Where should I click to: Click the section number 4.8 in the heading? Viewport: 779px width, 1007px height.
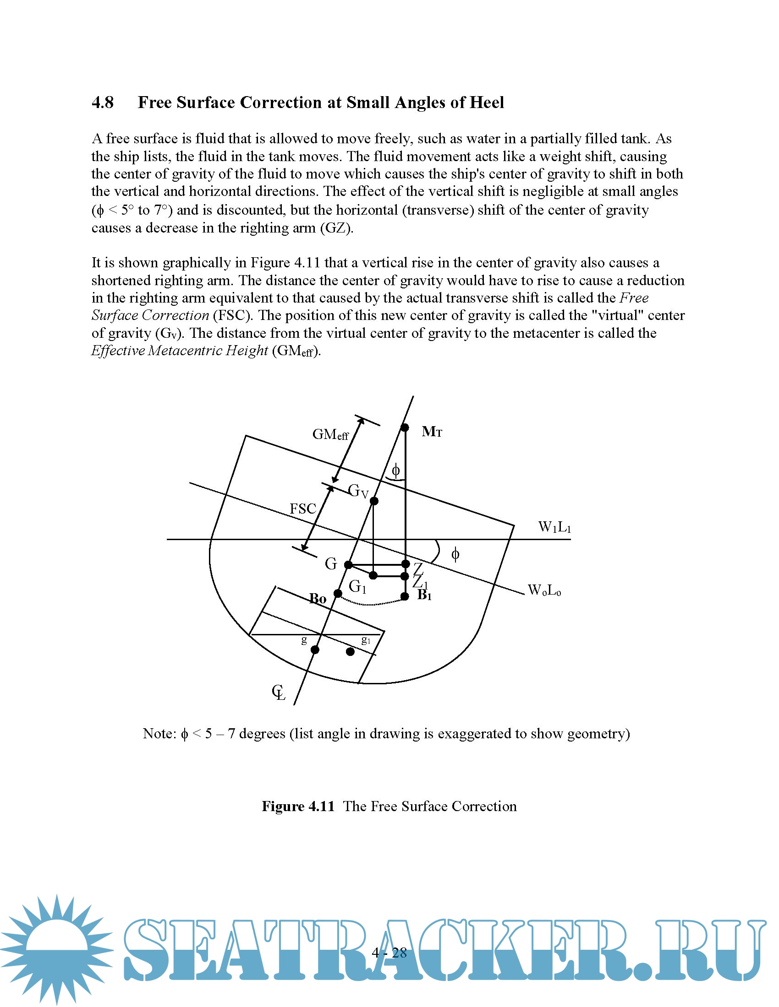click(103, 103)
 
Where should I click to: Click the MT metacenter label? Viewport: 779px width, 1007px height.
click(432, 432)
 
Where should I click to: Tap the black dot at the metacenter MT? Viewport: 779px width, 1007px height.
click(405, 428)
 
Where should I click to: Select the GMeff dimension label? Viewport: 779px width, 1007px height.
click(330, 434)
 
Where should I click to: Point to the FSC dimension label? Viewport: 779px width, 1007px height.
click(303, 509)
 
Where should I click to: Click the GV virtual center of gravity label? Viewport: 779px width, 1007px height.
click(358, 491)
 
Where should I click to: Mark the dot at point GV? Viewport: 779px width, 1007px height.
click(374, 501)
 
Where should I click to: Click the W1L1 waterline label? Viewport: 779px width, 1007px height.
click(554, 527)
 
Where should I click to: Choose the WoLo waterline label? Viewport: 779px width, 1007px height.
click(544, 590)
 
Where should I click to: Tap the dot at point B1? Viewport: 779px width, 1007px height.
click(405, 596)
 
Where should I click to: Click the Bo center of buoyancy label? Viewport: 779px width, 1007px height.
click(318, 599)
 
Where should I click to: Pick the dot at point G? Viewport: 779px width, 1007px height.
click(348, 565)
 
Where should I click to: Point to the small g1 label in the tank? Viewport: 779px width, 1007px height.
click(366, 639)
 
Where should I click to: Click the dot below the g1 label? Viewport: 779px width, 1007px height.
click(350, 651)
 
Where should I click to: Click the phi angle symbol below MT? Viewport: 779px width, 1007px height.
click(395, 471)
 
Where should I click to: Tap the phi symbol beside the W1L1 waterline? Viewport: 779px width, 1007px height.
click(455, 554)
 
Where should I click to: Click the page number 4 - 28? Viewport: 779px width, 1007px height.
click(389, 953)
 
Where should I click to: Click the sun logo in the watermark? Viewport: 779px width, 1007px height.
click(56, 950)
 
